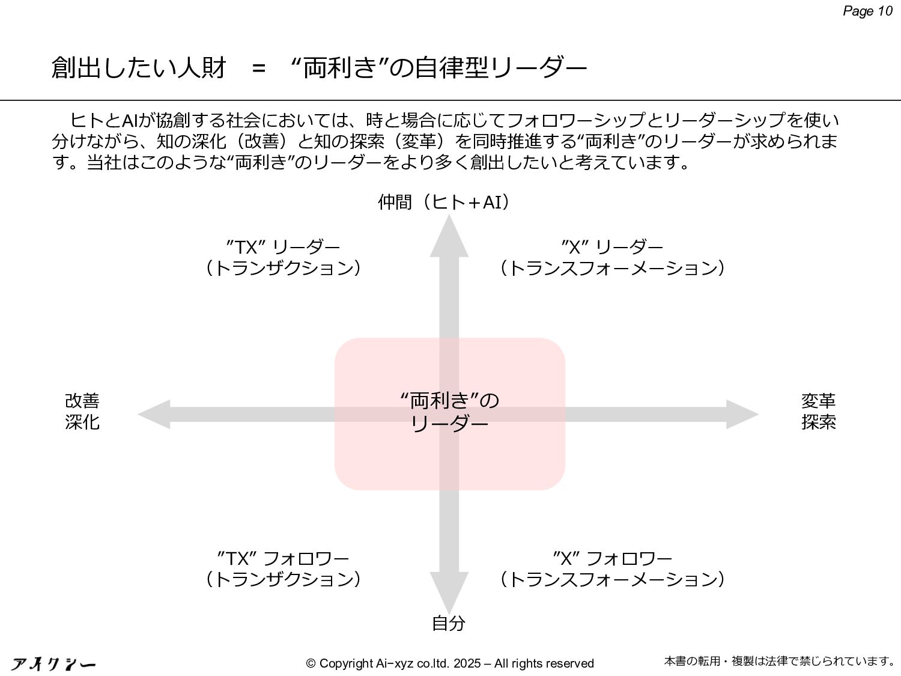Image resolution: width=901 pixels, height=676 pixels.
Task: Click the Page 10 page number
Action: point(867,11)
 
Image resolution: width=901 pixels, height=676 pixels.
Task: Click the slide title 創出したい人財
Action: point(139,67)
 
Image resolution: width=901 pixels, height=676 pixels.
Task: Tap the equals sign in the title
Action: point(259,69)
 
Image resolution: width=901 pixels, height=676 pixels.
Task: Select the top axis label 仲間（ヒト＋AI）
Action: point(444,202)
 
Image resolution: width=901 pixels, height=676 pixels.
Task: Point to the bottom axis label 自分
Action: point(448,623)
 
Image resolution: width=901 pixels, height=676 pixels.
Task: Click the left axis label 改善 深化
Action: point(82,412)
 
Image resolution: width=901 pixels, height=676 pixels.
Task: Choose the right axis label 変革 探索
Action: point(818,412)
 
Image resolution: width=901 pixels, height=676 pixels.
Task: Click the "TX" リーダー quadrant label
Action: point(283,257)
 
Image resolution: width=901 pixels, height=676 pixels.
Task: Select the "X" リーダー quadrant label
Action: point(612,257)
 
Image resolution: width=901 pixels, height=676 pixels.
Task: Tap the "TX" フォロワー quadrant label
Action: point(283,568)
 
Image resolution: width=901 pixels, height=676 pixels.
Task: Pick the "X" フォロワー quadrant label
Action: point(612,568)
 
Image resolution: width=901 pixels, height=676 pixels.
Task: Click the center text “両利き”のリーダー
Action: point(449,412)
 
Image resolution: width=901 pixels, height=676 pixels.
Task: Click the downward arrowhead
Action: point(449,591)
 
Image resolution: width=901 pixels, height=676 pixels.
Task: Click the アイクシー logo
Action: point(53,664)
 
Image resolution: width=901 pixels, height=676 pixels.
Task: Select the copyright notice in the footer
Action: point(449,663)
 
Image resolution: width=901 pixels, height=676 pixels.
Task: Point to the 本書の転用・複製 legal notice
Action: point(780,661)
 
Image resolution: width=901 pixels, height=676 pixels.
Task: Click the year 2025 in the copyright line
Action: point(467,663)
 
